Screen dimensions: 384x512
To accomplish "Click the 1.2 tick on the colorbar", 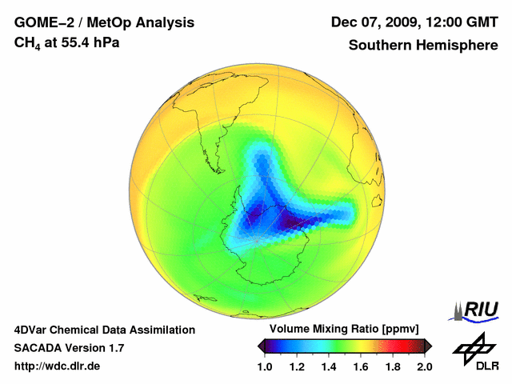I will point(296,366).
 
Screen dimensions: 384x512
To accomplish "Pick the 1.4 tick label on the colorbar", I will point(328,366).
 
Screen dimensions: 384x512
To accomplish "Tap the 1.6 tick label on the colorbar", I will point(360,366).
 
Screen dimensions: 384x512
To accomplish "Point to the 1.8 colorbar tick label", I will point(392,366).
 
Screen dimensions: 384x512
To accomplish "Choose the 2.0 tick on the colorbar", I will point(424,366).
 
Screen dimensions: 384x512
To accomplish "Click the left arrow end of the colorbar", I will point(261,346).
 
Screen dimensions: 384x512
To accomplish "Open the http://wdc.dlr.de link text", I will point(58,366).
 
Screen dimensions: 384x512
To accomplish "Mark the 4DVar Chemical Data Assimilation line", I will point(104,330).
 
